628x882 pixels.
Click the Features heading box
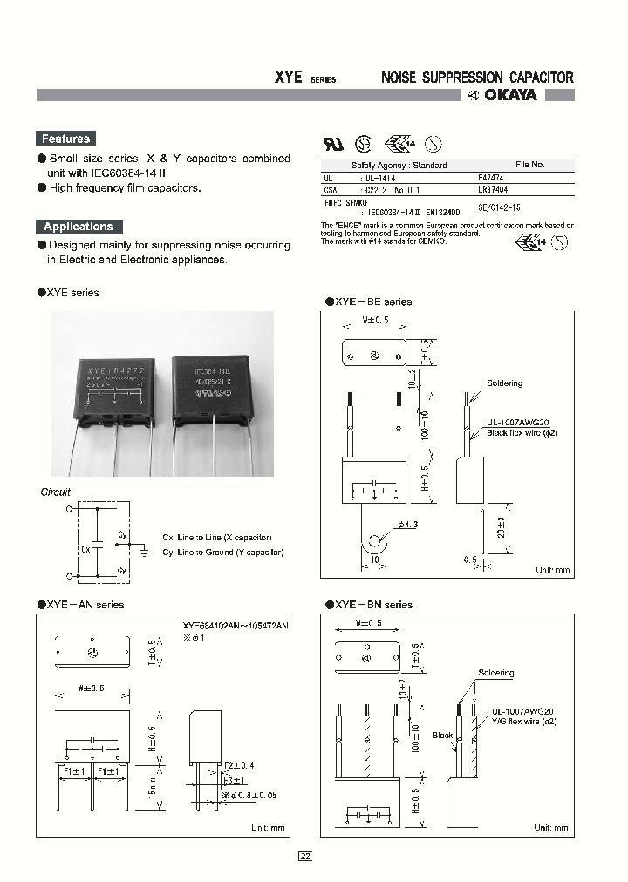(65, 139)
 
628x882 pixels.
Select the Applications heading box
(78, 227)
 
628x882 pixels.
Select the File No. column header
(529, 165)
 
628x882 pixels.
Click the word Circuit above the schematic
(56, 492)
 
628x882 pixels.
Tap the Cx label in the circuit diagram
(85, 550)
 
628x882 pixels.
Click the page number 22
(305, 856)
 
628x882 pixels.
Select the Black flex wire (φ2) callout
(522, 433)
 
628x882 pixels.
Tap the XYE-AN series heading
(85, 605)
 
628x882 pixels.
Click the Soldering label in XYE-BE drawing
(505, 383)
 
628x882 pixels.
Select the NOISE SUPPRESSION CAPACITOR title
(478, 78)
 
